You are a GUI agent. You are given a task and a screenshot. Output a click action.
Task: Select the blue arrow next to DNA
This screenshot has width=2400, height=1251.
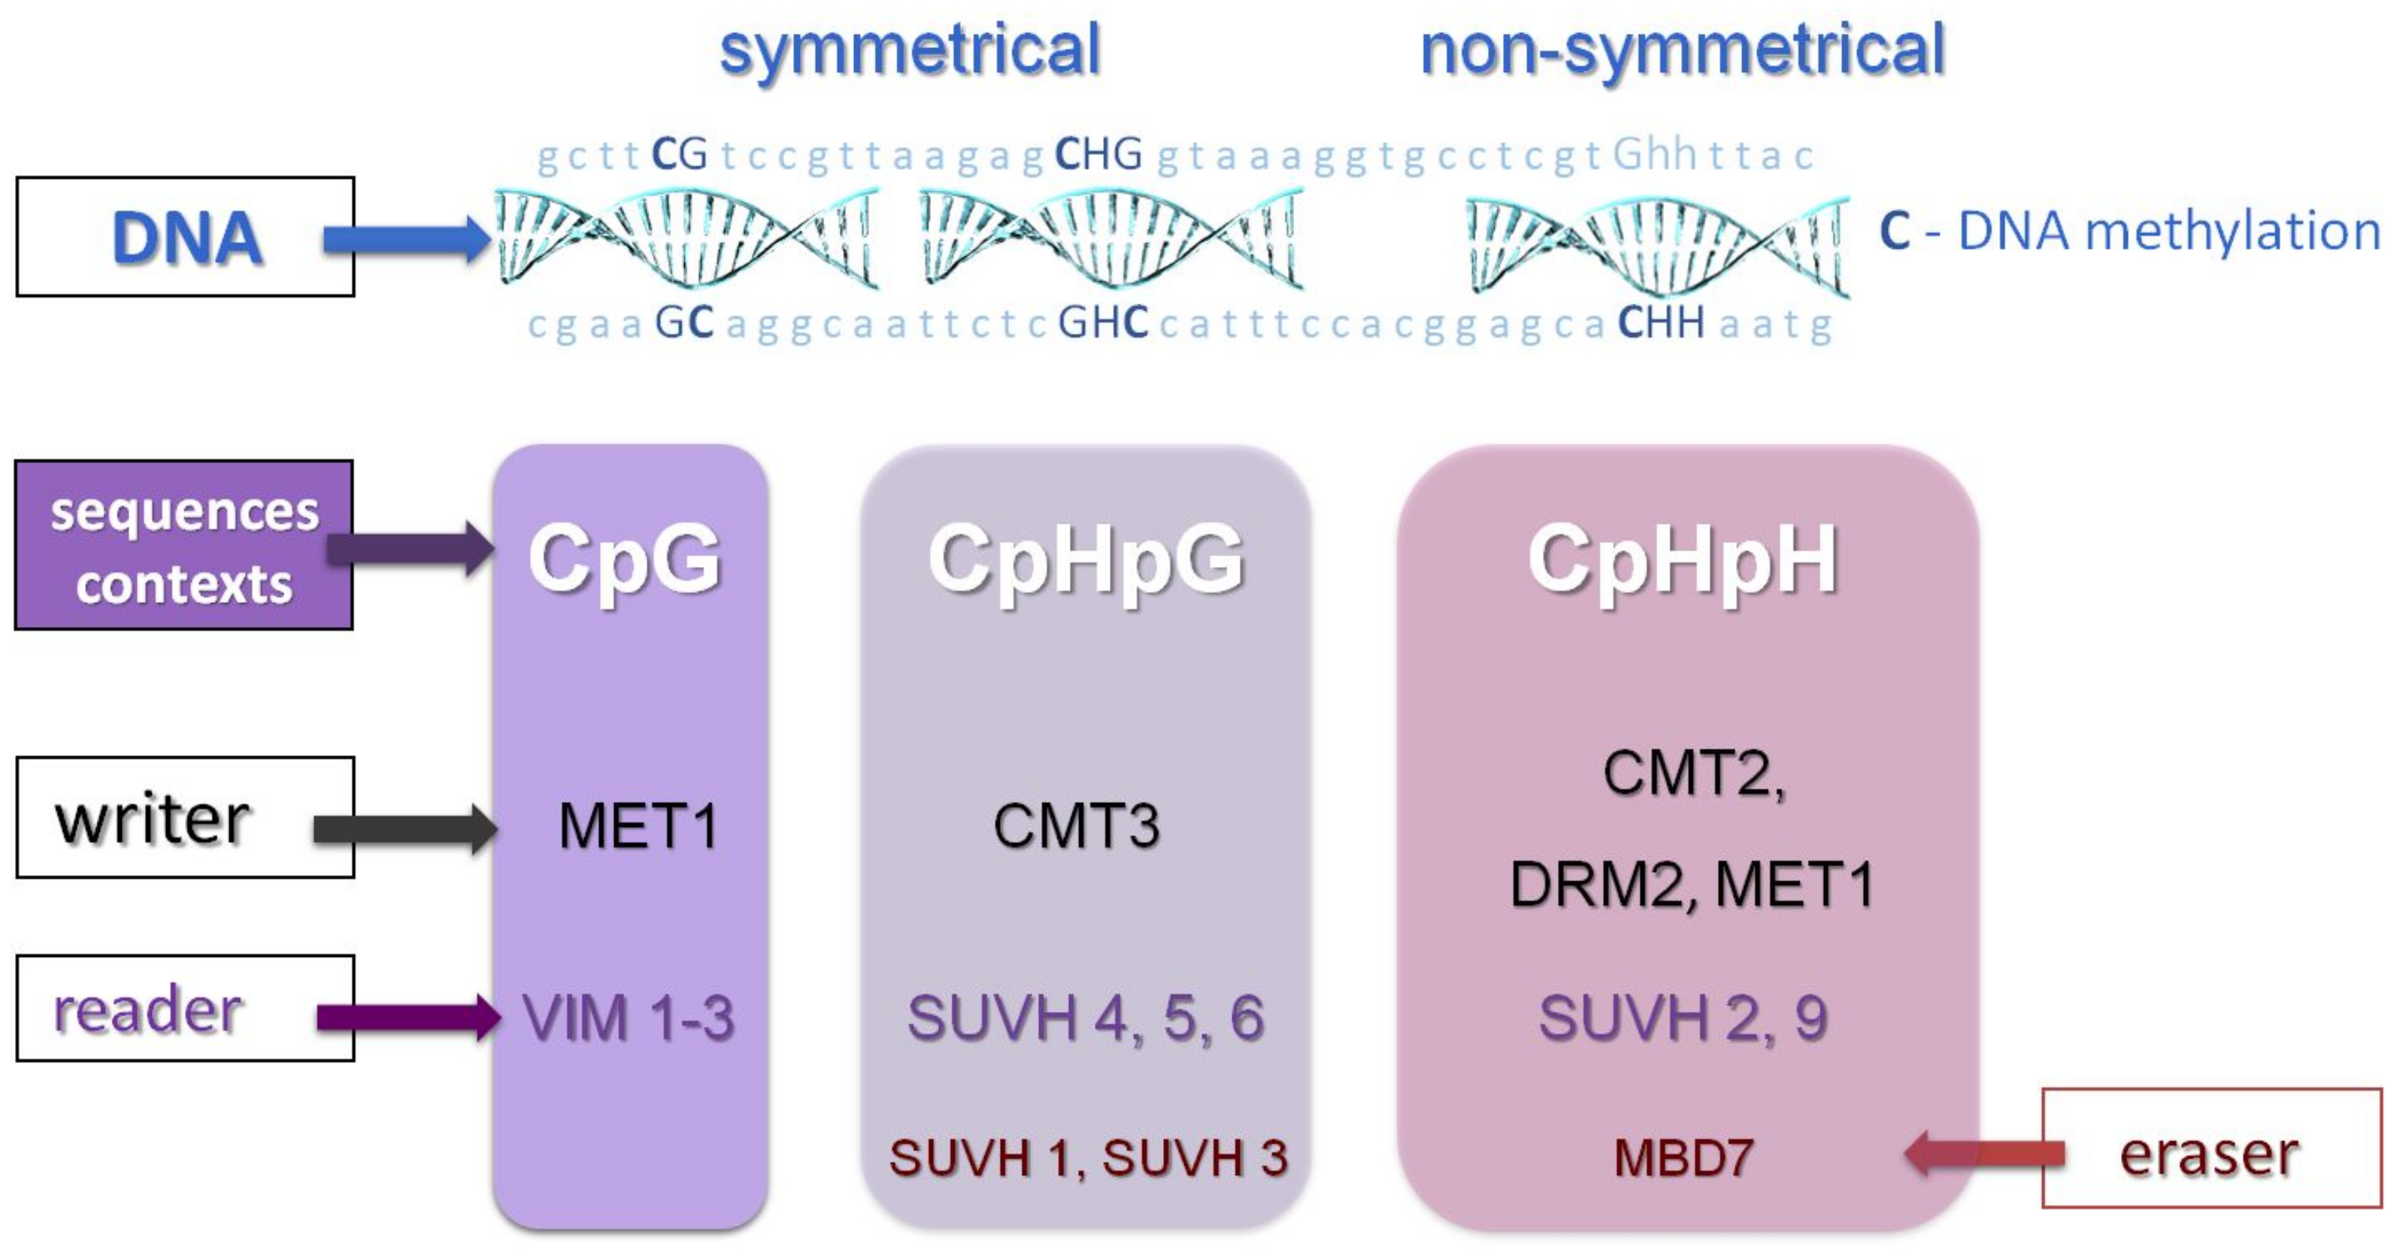coord(406,239)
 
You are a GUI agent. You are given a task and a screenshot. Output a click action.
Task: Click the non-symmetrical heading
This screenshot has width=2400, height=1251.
coord(1682,50)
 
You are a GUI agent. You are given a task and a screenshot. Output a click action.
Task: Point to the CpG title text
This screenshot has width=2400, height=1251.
coord(625,559)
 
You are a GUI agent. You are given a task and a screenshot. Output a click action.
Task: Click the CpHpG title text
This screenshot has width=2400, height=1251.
coord(1086,559)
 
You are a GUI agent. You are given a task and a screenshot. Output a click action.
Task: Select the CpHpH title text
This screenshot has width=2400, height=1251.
coord(1683,559)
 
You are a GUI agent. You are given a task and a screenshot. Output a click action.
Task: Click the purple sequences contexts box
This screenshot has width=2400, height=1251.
coord(183,546)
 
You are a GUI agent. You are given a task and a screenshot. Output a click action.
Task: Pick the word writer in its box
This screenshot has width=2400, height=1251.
coord(153,819)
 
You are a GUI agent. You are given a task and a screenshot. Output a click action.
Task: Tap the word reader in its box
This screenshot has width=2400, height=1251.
coord(148,1010)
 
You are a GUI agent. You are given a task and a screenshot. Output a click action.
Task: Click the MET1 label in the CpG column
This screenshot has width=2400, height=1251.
coord(638,826)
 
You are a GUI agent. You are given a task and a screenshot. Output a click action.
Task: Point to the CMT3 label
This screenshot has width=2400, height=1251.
coord(1076,826)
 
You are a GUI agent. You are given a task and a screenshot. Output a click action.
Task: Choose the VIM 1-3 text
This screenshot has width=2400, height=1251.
coord(628,1017)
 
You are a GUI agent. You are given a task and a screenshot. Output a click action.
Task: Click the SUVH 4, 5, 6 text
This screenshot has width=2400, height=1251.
coord(1086,1017)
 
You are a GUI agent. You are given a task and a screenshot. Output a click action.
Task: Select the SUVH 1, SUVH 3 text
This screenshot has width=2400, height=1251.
coord(1087,1159)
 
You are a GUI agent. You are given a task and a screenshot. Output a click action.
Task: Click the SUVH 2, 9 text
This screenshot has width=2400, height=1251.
coord(1683,1017)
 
